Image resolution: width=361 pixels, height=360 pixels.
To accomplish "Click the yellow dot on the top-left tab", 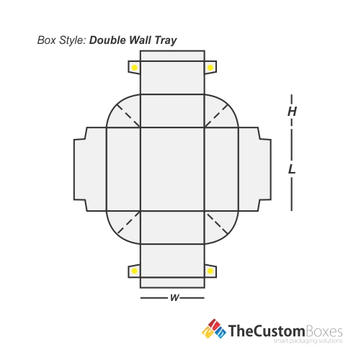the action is pyautogui.click(x=135, y=68).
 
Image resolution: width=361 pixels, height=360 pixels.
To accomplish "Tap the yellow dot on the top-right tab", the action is pyautogui.click(x=210, y=68).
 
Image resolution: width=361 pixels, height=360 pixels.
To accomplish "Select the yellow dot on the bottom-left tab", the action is pyautogui.click(x=135, y=271).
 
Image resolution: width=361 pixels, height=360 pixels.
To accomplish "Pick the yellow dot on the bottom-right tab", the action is pyautogui.click(x=210, y=271).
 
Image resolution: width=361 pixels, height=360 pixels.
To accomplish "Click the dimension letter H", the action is pyautogui.click(x=292, y=112).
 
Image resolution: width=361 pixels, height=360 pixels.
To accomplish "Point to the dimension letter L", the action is pyautogui.click(x=292, y=169).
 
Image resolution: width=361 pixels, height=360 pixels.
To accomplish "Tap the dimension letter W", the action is pyautogui.click(x=174, y=298).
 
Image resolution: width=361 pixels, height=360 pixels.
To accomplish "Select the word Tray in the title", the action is pyautogui.click(x=166, y=40).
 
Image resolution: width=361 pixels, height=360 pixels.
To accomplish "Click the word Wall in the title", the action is pyautogui.click(x=140, y=40).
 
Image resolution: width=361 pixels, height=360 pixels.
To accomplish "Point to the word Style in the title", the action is pyautogui.click(x=73, y=40).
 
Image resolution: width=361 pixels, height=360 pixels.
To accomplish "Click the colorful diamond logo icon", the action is pyautogui.click(x=214, y=329).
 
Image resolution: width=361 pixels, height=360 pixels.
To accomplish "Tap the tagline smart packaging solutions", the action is pyautogui.click(x=308, y=341).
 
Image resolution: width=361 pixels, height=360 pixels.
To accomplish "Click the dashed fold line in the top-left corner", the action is pyautogui.click(x=129, y=116).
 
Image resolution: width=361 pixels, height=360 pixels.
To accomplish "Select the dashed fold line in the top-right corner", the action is pyautogui.click(x=216, y=116).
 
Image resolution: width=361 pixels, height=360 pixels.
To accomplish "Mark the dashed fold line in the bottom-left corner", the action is pyautogui.click(x=129, y=222).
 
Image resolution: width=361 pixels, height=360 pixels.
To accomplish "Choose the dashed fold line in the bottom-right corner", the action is pyautogui.click(x=216, y=222).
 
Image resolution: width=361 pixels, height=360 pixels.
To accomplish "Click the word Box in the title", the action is pyautogui.click(x=47, y=40).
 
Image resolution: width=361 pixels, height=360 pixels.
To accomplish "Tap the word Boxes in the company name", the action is pyautogui.click(x=324, y=331).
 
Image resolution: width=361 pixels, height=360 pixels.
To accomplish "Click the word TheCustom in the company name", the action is pyautogui.click(x=266, y=331).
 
